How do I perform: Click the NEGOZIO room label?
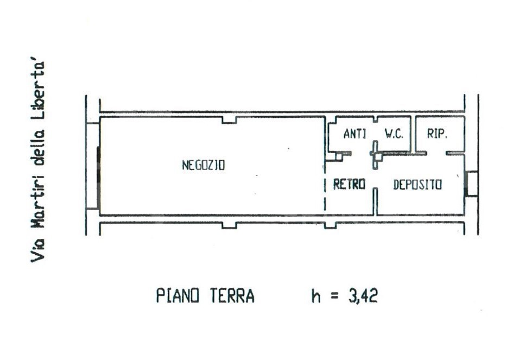pos(203,166)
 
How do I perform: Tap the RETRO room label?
pos(349,185)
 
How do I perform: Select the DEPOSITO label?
pos(417,185)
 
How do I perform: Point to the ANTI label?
pos(355,134)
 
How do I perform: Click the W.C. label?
pos(394,134)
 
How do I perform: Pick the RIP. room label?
pos(437,134)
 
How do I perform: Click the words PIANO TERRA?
pos(205,296)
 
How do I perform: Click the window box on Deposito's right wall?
pos(472,184)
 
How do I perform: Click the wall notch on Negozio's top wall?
pos(229,120)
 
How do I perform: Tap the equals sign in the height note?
pos(335,297)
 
